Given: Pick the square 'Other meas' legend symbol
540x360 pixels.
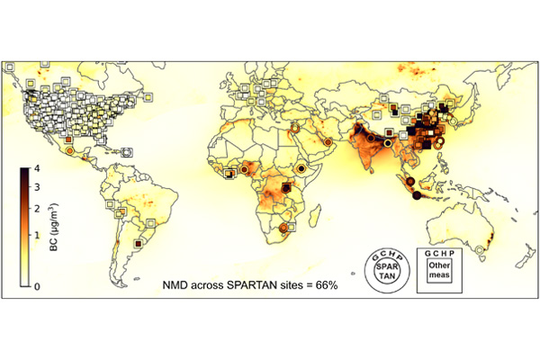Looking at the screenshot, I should click(438, 269).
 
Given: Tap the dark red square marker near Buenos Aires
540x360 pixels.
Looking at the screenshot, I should click(139, 243).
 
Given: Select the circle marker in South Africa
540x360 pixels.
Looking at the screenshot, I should click(284, 229).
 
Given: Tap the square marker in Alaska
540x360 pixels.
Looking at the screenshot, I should click(8, 67).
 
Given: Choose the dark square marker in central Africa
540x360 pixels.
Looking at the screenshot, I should click(286, 187).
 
